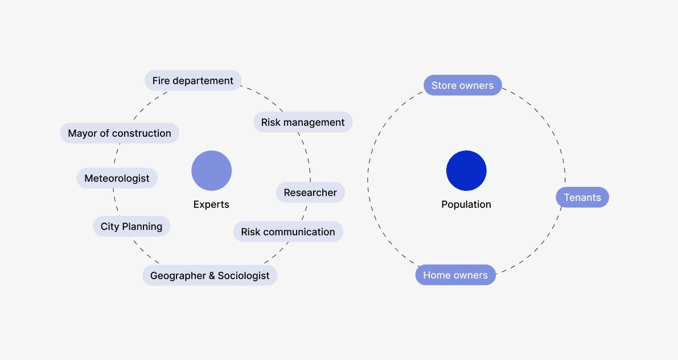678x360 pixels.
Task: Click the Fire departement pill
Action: tap(193, 81)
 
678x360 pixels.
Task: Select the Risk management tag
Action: tap(303, 122)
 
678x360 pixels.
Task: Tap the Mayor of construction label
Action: tap(120, 133)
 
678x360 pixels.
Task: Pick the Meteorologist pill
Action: tap(117, 178)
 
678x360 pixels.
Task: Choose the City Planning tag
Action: tap(132, 227)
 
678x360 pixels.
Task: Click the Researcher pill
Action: tap(310, 193)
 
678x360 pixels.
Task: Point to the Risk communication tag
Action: tap(288, 232)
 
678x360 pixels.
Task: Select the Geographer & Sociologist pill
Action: tap(209, 276)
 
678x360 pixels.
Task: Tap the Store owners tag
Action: tap(462, 85)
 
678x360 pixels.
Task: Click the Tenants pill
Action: tap(582, 198)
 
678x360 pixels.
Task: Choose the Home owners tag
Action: tap(455, 275)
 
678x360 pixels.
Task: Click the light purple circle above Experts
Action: tap(211, 170)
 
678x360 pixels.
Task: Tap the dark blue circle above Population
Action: tap(466, 170)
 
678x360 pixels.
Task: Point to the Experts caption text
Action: tap(211, 204)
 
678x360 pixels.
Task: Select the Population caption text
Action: tap(466, 204)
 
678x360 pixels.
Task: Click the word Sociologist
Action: tap(244, 276)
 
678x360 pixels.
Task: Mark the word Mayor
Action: tap(81, 133)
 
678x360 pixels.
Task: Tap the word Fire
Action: tap(161, 81)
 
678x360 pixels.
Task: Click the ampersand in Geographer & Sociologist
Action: tap(212, 276)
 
